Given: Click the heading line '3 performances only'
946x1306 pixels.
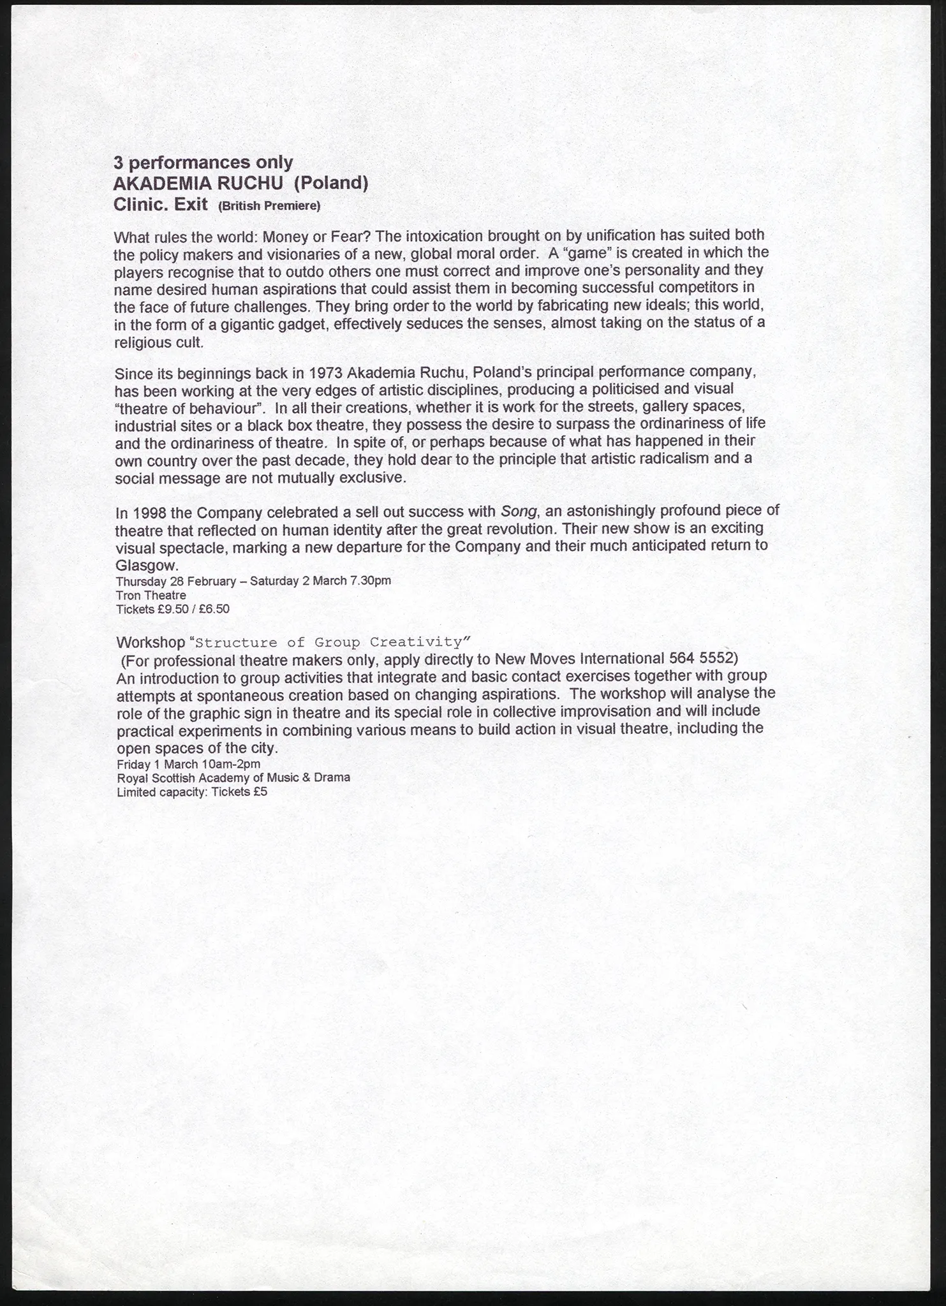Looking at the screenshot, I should tap(203, 162).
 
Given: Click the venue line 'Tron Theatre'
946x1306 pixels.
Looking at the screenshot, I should tap(151, 595).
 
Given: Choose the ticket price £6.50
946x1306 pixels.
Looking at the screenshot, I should tap(214, 609).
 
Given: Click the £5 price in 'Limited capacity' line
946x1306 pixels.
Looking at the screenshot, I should tap(260, 792).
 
